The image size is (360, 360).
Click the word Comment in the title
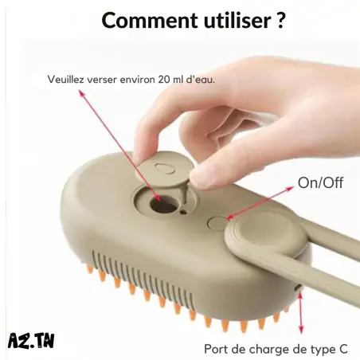pyautogui.click(x=150, y=21)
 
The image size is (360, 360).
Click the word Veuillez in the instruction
pyautogui.click(x=65, y=80)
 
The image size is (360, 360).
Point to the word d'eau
pyautogui.click(x=200, y=80)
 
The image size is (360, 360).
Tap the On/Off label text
pyautogui.click(x=320, y=182)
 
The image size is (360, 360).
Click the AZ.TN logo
pyautogui.click(x=31, y=340)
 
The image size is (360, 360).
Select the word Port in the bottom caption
pyautogui.click(x=217, y=349)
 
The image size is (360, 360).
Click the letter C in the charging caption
pyautogui.click(x=343, y=349)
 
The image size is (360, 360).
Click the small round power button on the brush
pyautogui.click(x=217, y=222)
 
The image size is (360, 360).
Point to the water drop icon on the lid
pyautogui.click(x=165, y=168)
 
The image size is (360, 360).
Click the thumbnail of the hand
pyautogui.click(x=203, y=177)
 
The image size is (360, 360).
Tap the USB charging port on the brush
pyautogui.click(x=299, y=288)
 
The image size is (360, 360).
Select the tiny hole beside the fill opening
pyautogui.click(x=183, y=212)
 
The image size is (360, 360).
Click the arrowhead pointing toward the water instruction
pyautogui.click(x=81, y=93)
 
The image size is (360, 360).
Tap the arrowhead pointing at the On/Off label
pyautogui.click(x=290, y=188)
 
